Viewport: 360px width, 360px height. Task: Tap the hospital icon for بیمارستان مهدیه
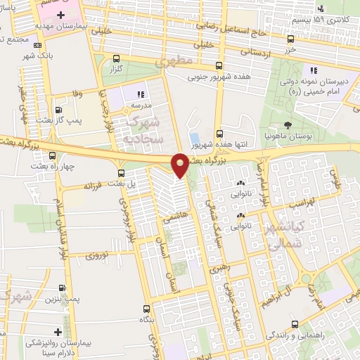[x=60, y=15]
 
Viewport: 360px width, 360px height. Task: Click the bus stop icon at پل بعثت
[x=122, y=173]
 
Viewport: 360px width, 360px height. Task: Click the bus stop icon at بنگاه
[x=146, y=308]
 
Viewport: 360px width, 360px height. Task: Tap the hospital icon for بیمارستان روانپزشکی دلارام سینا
[x=58, y=331]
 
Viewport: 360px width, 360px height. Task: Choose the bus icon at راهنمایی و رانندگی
[x=293, y=325]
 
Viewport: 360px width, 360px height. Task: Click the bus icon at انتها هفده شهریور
[x=220, y=133]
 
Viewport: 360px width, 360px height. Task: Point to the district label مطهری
[x=176, y=61]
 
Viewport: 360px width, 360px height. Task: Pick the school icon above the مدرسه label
[x=140, y=93]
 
